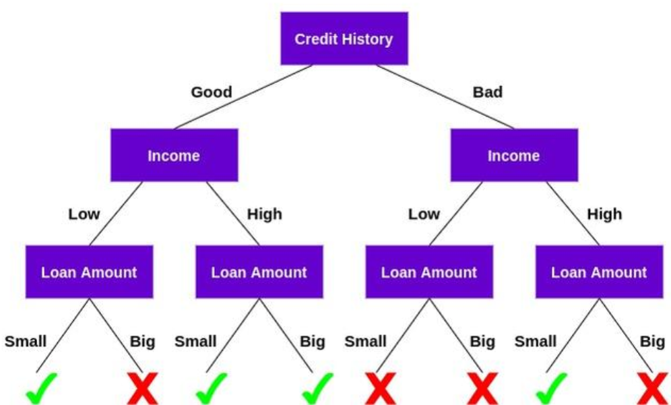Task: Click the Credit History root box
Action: (x=344, y=38)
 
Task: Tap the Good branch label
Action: (x=212, y=92)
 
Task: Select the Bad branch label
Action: (x=488, y=92)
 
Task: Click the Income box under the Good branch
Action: (x=174, y=156)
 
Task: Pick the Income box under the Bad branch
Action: (x=513, y=156)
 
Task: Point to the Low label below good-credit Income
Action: (x=84, y=215)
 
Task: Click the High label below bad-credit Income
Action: (x=604, y=215)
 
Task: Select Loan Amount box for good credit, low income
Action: (x=89, y=272)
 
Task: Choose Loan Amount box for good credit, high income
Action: (x=259, y=272)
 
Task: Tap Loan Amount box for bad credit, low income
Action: (x=429, y=272)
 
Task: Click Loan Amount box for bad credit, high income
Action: (x=599, y=272)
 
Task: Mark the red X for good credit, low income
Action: (x=143, y=390)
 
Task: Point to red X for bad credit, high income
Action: (x=652, y=390)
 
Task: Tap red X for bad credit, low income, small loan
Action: (x=381, y=390)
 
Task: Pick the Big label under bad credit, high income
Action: (x=652, y=342)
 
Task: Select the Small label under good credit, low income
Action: (x=26, y=342)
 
